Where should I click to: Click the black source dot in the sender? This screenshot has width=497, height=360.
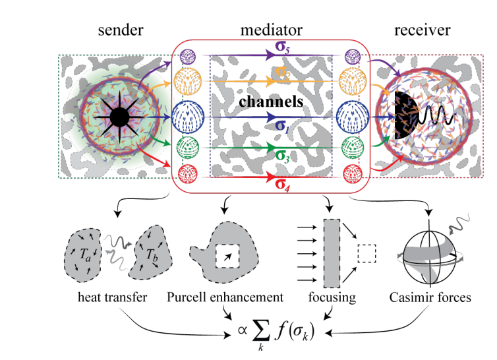119,118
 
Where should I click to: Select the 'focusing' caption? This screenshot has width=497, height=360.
335,297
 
